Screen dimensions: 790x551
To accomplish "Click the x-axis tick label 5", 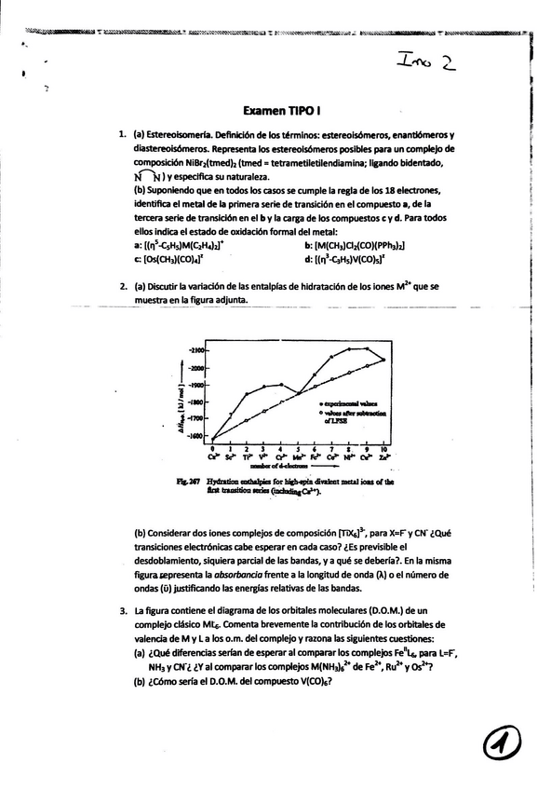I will pyautogui.click(x=299, y=448).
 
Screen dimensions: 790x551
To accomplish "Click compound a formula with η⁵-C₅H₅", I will pyautogui.click(x=195, y=245).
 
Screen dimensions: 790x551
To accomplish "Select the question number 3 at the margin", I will pyautogui.click(x=124, y=610).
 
